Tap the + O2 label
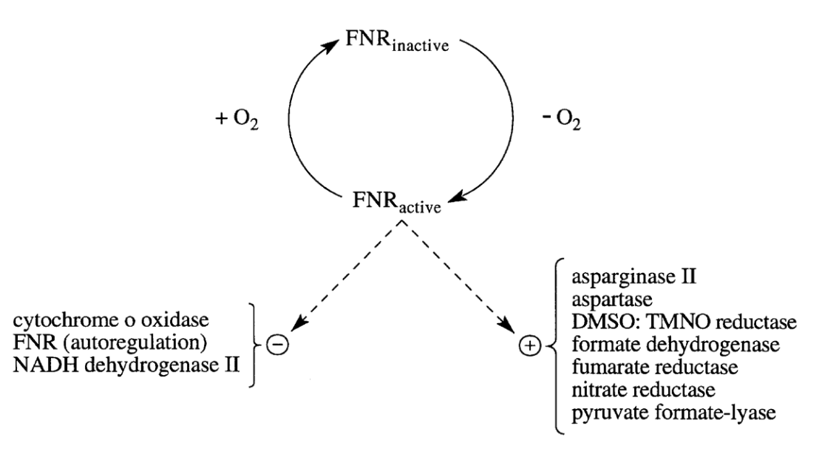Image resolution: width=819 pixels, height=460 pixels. pyautogui.click(x=239, y=121)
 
